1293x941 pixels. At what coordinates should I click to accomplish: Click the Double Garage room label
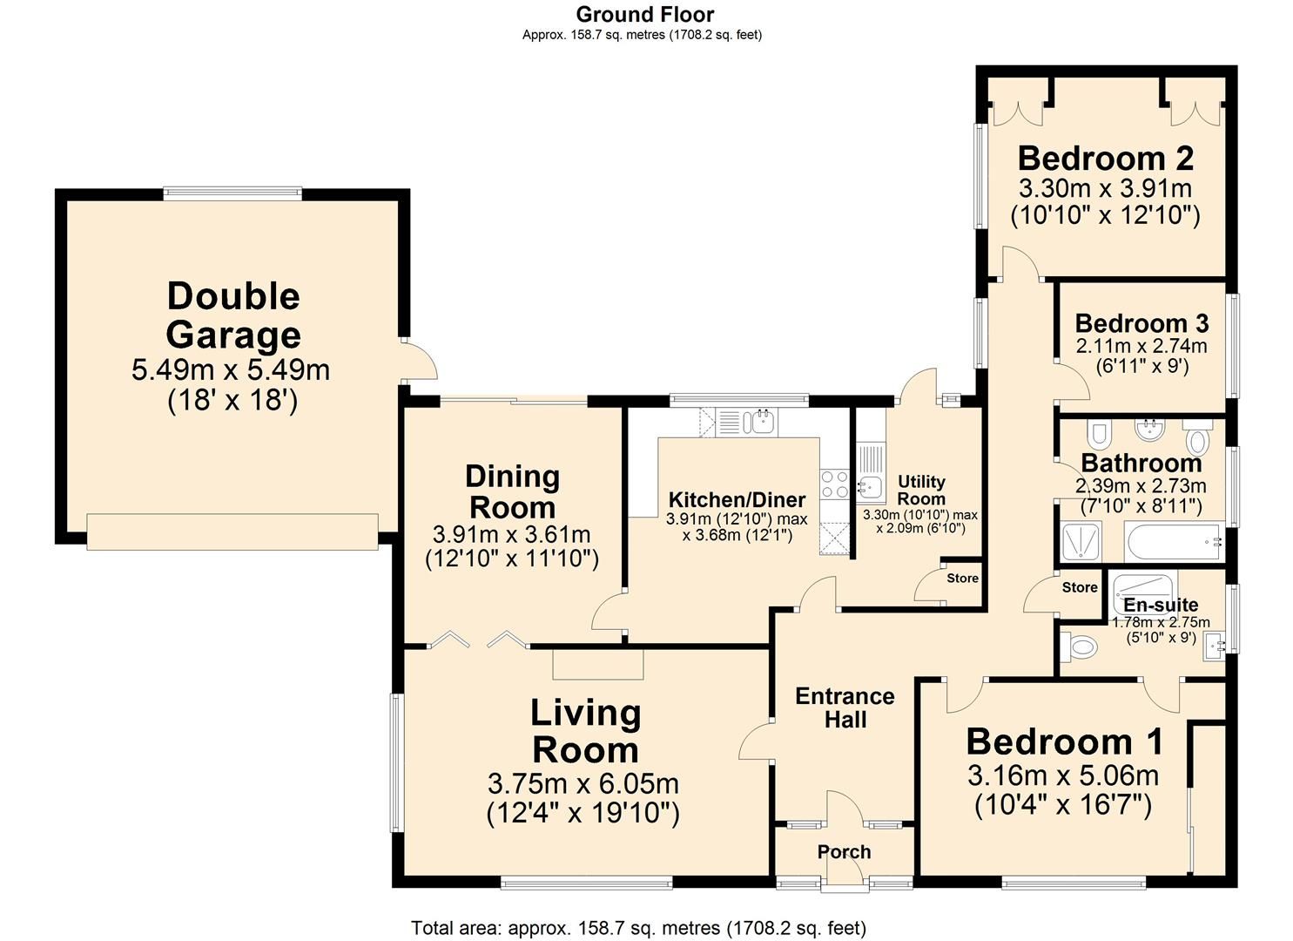[233, 315]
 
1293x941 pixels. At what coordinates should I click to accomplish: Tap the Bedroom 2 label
[1106, 159]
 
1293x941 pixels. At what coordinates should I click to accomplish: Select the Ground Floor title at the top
[645, 14]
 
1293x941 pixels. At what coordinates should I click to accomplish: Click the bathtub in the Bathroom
[1174, 542]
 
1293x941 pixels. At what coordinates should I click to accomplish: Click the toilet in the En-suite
[1079, 647]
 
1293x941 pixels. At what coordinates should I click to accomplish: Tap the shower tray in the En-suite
[1145, 591]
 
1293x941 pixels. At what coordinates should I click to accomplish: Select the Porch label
[844, 851]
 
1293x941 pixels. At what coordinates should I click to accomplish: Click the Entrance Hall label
[845, 707]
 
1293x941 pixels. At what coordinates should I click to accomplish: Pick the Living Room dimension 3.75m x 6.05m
[583, 784]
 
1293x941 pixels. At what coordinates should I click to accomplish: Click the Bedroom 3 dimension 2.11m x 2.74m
[1141, 346]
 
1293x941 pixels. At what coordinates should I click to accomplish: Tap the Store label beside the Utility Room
[962, 579]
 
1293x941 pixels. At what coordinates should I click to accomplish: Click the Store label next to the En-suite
[1080, 587]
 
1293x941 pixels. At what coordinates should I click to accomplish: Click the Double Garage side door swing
[420, 361]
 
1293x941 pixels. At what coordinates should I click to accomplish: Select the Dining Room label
[513, 492]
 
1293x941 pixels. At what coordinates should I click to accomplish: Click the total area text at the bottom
[638, 928]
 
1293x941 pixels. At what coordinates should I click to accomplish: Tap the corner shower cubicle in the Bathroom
[1081, 542]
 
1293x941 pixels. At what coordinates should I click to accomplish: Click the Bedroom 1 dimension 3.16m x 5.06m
[1063, 775]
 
